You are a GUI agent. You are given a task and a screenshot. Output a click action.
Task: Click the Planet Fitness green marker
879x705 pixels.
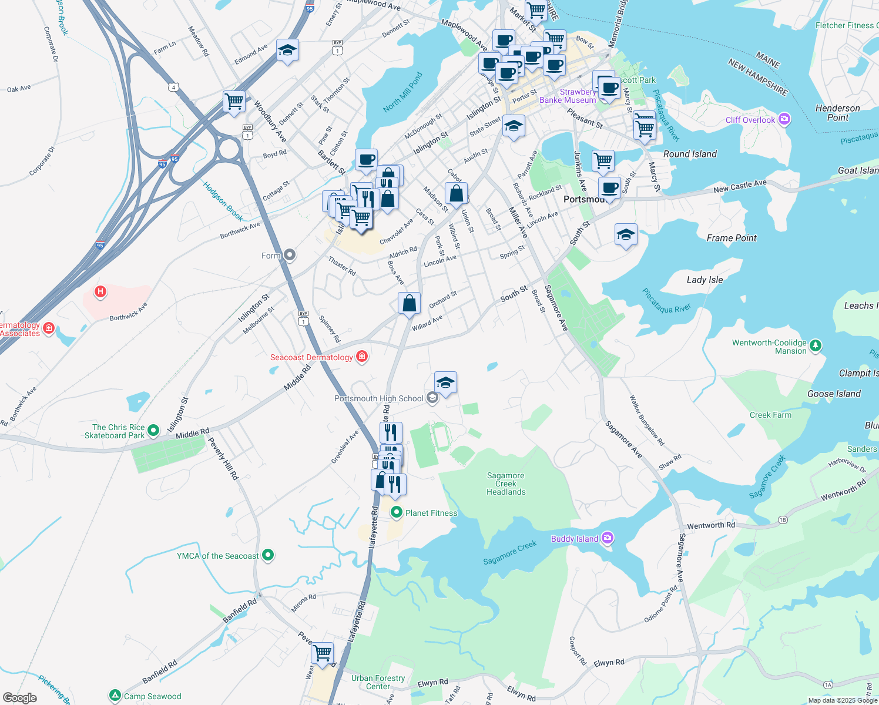point(397,513)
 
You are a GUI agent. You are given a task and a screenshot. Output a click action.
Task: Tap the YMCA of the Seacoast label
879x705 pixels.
point(218,556)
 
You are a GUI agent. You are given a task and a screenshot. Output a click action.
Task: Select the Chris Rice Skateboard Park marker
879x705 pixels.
point(153,431)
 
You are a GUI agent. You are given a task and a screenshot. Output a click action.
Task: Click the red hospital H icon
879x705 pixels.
point(100,291)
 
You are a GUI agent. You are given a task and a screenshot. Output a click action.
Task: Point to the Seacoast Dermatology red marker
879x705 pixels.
point(362,357)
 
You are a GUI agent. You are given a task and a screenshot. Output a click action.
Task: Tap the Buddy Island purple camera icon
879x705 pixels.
point(608,538)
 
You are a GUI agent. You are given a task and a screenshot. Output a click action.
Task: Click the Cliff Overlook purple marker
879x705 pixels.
point(784,119)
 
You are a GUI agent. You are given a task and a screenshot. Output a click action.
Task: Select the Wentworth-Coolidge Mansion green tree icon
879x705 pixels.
point(815,345)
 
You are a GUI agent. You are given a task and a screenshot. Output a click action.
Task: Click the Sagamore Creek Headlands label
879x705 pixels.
point(506,484)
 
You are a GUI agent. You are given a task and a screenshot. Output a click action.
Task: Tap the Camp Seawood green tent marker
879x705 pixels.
point(115,696)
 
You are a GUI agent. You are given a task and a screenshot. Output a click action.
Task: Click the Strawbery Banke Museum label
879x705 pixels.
point(568,96)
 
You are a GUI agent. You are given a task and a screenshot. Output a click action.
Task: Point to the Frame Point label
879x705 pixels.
point(732,238)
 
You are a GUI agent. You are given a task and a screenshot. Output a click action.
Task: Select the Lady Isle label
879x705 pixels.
point(704,280)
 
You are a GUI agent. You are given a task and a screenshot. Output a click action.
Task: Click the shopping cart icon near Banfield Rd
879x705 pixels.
point(323,652)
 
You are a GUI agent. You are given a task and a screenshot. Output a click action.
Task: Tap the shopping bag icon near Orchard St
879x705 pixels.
point(410,303)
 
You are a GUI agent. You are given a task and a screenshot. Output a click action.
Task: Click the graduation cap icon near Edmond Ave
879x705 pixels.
point(287,51)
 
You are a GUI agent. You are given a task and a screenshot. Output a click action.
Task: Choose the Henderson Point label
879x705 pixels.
point(837,113)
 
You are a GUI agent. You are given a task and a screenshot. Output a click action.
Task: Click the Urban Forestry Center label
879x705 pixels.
point(378,682)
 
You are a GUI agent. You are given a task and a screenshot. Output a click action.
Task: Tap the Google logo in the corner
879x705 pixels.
point(19,698)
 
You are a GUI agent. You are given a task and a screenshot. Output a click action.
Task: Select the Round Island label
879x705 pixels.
point(690,154)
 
